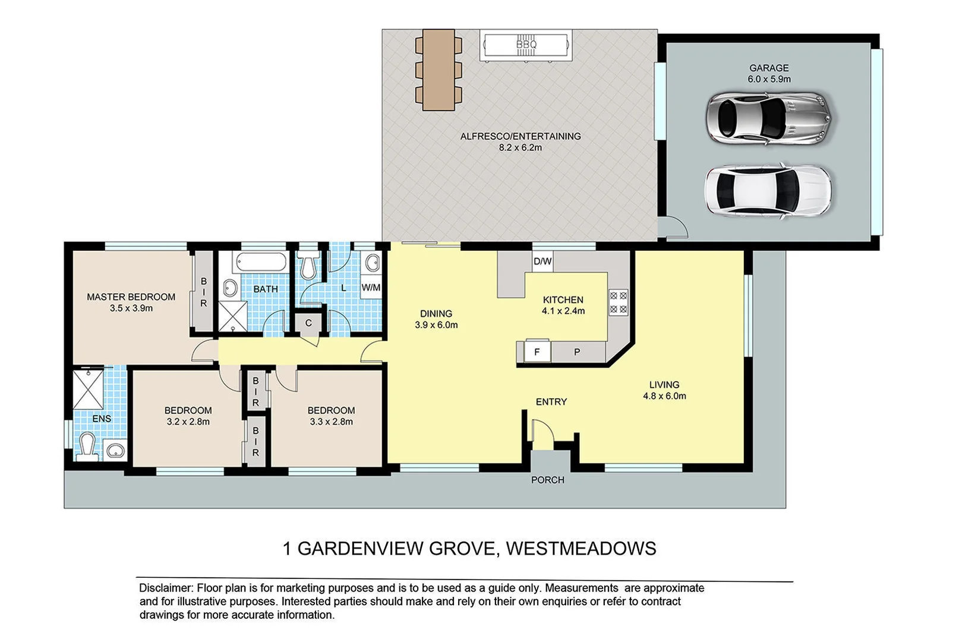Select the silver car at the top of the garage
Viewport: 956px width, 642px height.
click(x=768, y=117)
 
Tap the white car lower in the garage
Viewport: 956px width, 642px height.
click(x=768, y=190)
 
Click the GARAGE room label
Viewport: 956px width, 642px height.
click(x=769, y=68)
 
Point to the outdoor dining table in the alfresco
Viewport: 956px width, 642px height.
click(x=438, y=70)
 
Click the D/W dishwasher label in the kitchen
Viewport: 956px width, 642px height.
click(x=542, y=261)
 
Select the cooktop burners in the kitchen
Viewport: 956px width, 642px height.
click(x=619, y=302)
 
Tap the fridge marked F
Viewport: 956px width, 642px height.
click(x=537, y=352)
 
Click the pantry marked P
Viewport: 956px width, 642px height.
click(x=577, y=352)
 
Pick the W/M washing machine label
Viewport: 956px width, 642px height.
click(x=371, y=288)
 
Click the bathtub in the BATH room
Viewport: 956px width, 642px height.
click(x=261, y=262)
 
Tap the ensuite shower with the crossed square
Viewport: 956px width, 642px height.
click(x=88, y=389)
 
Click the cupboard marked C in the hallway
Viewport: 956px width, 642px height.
click(x=308, y=323)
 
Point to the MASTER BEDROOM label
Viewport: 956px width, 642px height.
click(x=131, y=297)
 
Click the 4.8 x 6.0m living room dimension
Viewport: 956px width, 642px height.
click(x=664, y=396)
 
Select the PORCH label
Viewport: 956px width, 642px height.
click(x=547, y=480)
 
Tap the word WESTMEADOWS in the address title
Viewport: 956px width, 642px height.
click(x=581, y=548)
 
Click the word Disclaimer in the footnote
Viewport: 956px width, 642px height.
click(x=166, y=588)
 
